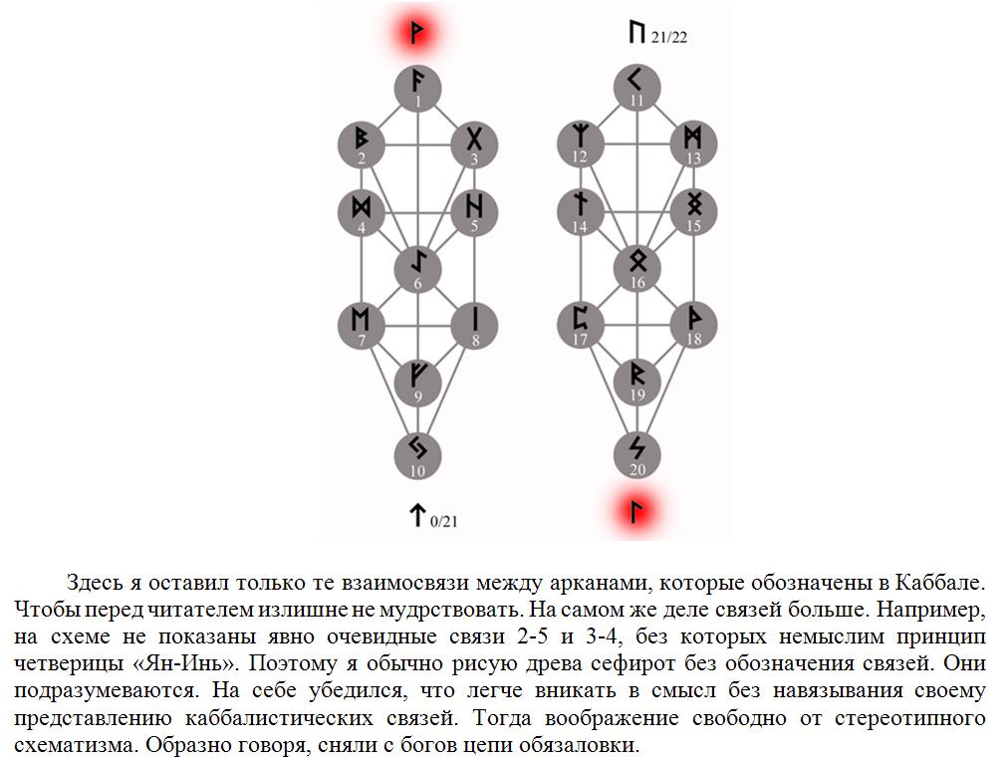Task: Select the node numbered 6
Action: (417, 269)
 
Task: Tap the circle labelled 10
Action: (417, 456)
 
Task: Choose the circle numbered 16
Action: (637, 268)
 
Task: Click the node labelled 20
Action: (637, 455)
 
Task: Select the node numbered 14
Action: (581, 211)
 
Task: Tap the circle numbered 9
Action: (417, 382)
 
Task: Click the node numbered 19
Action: (637, 381)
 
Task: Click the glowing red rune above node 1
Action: (417, 32)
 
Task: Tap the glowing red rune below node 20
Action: (636, 512)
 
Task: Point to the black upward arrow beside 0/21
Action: (417, 514)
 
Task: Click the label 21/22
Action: (668, 38)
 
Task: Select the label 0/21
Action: (443, 521)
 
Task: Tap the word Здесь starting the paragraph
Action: (95, 583)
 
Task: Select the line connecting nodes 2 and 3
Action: (417, 145)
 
